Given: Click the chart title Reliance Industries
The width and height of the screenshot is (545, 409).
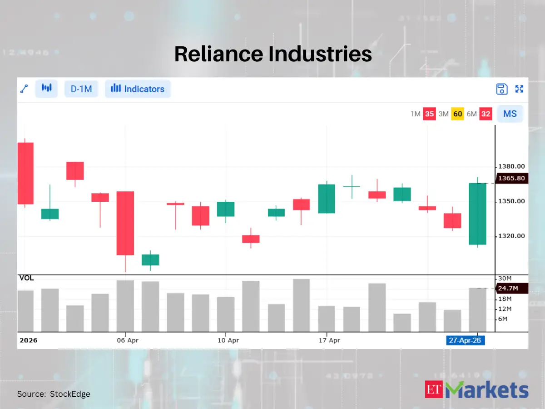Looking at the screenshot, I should tap(273, 54).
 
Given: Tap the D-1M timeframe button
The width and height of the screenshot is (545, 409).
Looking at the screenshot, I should tap(81, 89).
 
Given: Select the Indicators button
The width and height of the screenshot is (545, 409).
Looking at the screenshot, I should tap(138, 89).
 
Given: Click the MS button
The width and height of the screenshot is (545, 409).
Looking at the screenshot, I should tap(510, 114).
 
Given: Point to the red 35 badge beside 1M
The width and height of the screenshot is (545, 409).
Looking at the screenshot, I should tap(429, 114).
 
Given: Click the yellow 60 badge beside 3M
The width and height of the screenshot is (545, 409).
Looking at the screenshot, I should tap(457, 114).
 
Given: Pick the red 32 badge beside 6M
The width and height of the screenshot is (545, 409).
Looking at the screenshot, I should tap(486, 114).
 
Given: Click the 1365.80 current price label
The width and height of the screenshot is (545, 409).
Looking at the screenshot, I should tap(511, 179).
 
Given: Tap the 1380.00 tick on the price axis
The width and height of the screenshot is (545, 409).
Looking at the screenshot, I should tap(511, 167).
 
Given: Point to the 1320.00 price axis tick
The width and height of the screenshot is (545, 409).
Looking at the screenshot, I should tap(511, 236).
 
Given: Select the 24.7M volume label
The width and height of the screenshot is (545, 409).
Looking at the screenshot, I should tap(511, 288).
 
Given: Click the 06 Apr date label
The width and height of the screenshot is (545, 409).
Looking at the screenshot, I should tap(127, 340).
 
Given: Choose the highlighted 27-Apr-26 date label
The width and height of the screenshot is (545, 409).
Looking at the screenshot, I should tap(465, 340).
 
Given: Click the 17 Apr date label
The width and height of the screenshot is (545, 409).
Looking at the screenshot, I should tap(329, 340).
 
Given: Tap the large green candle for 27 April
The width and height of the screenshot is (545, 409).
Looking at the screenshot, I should tap(477, 214).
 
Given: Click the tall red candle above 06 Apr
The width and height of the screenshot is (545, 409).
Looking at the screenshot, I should tap(125, 223).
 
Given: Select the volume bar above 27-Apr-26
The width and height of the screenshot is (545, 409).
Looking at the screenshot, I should tap(477, 310).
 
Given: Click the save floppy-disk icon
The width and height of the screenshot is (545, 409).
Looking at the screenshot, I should tap(501, 89).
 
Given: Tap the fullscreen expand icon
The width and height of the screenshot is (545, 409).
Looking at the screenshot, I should tap(520, 89).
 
